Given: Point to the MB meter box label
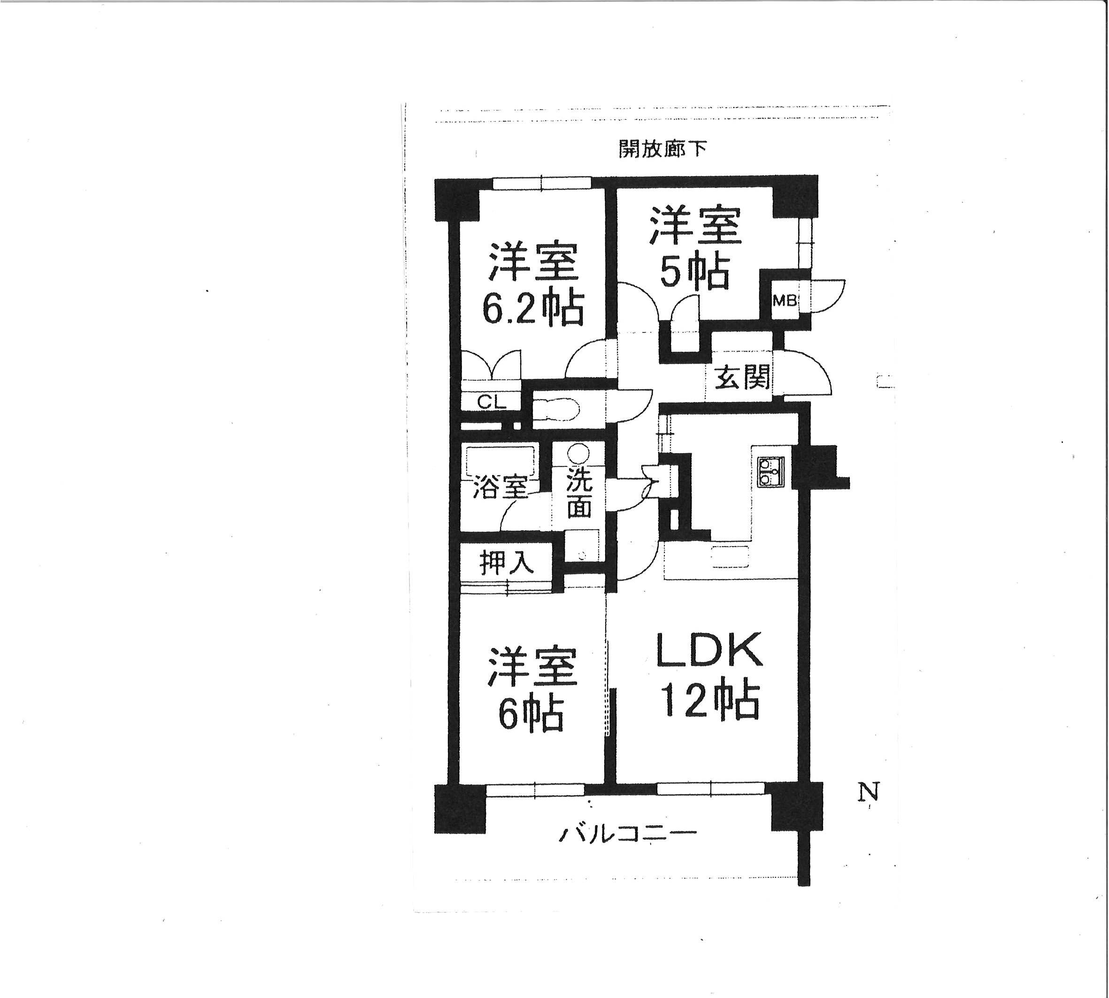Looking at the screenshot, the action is pos(785,301).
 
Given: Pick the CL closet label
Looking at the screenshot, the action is pos(491,402).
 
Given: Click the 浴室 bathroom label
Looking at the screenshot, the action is pos(501,487).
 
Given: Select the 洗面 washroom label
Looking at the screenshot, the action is pos(579,493).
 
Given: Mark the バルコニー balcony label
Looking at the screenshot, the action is pos(627,835).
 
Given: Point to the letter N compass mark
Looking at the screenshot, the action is pos(868,792).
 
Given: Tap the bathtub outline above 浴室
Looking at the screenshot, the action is pos(501,462).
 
